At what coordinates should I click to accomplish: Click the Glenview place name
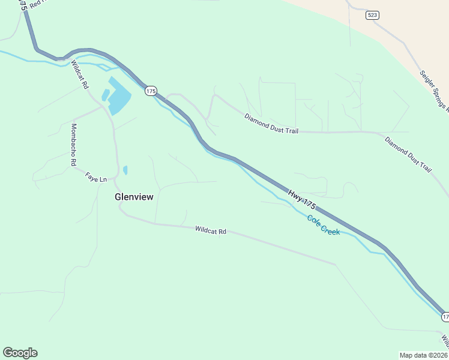134,196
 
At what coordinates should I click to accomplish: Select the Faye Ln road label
95,178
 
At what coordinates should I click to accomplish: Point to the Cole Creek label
324,225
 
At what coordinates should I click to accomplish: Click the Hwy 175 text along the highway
301,200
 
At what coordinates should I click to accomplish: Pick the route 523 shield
373,15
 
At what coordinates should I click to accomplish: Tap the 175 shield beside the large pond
150,91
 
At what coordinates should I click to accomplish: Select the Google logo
20,352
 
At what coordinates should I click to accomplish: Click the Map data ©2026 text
423,355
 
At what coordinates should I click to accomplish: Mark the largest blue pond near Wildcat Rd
119,97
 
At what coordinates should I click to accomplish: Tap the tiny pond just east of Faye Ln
125,170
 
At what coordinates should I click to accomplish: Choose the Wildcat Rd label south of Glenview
210,230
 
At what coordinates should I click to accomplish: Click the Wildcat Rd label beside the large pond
79,74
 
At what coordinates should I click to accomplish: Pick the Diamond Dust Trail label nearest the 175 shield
271,123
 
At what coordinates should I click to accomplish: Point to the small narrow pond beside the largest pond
106,95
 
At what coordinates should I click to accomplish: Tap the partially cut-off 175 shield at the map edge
445,316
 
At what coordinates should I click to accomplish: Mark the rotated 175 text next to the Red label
22,5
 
